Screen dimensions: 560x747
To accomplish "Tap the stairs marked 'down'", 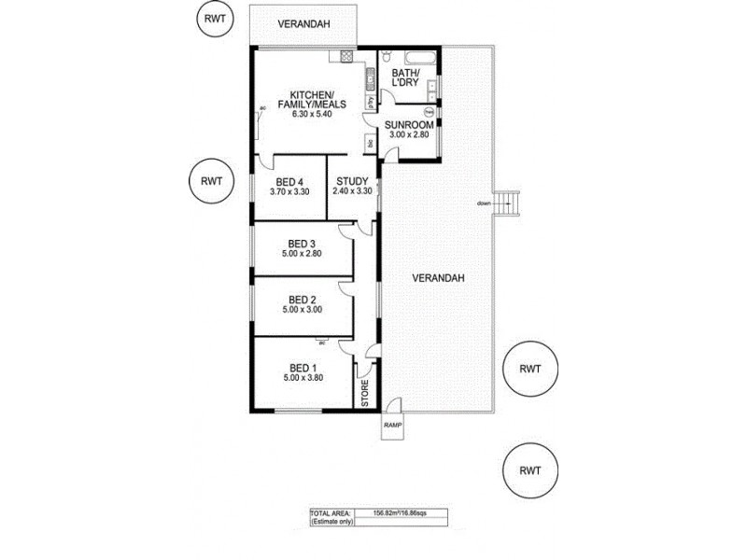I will pyautogui.click(x=506, y=203).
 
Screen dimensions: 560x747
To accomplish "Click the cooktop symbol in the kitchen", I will pyautogui.click(x=345, y=56).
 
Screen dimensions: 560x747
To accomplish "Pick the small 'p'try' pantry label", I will pyautogui.click(x=371, y=101).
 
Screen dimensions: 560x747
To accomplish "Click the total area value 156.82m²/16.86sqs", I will pyautogui.click(x=400, y=512).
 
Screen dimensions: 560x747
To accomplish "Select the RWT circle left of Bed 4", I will pyautogui.click(x=210, y=181).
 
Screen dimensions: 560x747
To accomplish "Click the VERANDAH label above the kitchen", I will pyautogui.click(x=303, y=23).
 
